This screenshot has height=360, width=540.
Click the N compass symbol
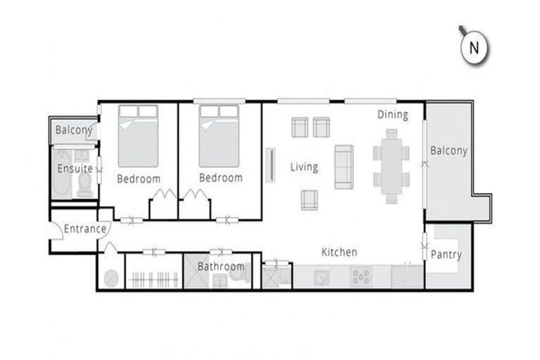474,48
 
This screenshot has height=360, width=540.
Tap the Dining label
392,115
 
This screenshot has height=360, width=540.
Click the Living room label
304,167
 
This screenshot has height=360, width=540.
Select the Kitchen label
340,252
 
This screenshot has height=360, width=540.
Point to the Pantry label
446,255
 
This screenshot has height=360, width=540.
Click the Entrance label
85,229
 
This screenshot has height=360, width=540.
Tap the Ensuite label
75,169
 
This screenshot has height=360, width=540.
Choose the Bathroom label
221,266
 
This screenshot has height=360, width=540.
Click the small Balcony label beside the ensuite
74,130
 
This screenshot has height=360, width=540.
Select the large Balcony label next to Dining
449,150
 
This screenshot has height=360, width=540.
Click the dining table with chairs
391,169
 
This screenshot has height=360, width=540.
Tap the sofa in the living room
343,167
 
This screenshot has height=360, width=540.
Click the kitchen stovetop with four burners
360,276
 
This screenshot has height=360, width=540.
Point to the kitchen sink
321,276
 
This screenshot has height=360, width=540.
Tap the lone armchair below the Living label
309,200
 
